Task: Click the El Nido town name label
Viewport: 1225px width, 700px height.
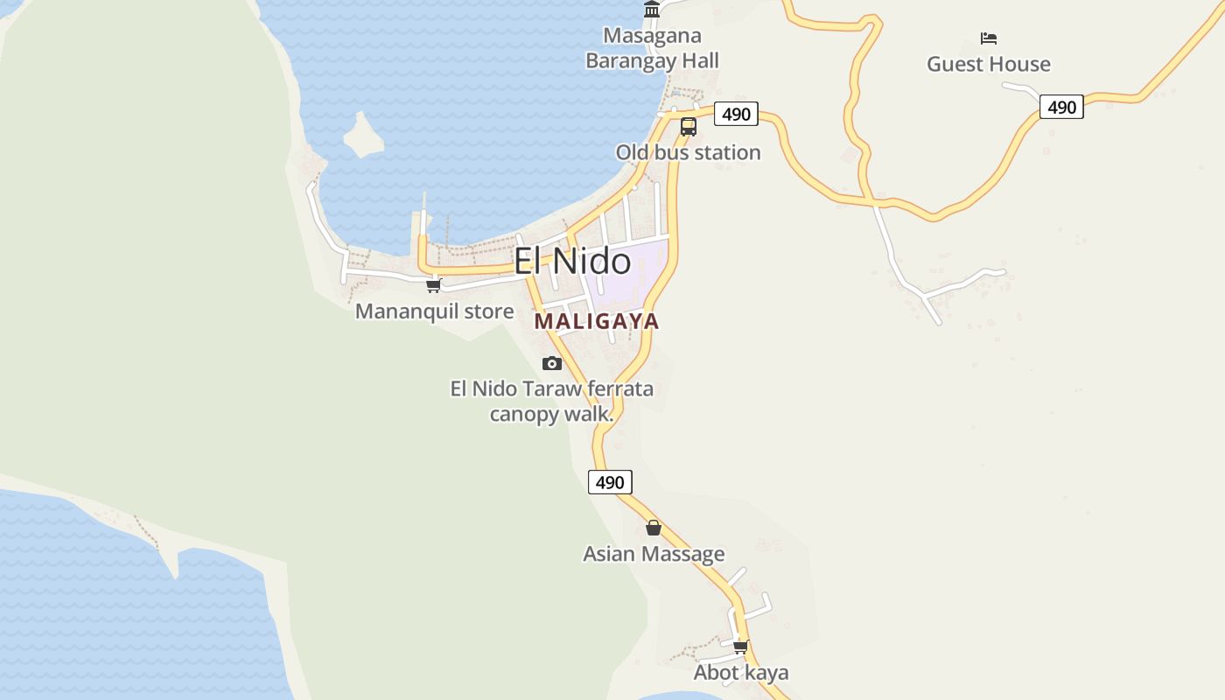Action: [x=572, y=262]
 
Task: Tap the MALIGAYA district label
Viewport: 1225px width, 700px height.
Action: [x=596, y=321]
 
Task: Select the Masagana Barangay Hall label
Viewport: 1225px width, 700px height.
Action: [x=652, y=48]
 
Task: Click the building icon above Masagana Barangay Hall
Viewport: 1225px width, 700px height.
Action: [x=652, y=10]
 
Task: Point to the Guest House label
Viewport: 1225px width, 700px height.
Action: [x=989, y=64]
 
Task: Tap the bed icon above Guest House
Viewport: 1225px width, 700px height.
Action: [x=989, y=38]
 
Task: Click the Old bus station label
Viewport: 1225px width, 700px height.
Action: [x=688, y=152]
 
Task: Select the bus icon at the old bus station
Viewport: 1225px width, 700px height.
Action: [x=689, y=127]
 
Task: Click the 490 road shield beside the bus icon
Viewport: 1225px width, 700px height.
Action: [x=736, y=115]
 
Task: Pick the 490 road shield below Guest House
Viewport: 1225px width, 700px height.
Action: [x=1061, y=108]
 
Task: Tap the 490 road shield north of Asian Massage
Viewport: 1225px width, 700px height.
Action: [x=610, y=482]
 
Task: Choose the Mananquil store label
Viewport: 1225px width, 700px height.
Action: [x=434, y=311]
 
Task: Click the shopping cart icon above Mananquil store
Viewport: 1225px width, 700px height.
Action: [x=434, y=285]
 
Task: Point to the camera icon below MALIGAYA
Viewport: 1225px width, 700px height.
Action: [x=552, y=363]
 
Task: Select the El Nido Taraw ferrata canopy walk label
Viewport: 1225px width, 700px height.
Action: [x=551, y=401]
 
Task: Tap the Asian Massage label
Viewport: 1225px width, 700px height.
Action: [x=654, y=554]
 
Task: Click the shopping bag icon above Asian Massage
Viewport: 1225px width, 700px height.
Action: [x=654, y=528]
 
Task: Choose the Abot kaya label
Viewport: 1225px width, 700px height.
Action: [x=741, y=673]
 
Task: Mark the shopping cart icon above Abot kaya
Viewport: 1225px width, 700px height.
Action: [x=741, y=647]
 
